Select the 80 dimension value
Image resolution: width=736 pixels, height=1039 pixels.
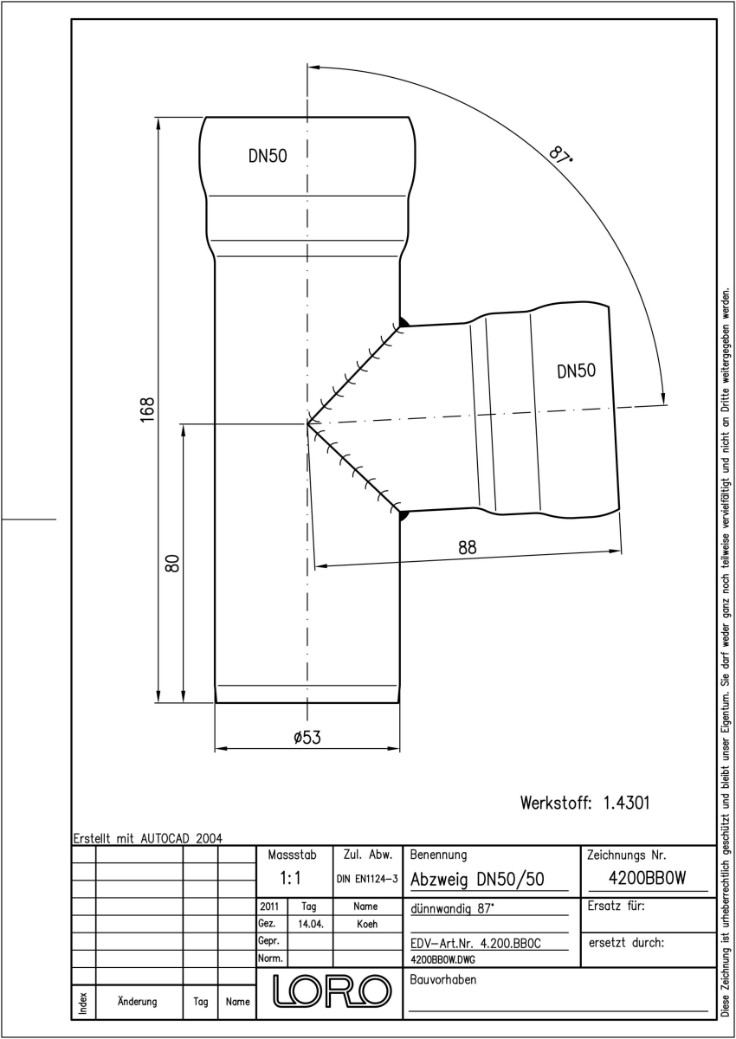[x=172, y=563]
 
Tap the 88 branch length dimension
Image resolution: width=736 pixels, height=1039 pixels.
[x=467, y=548]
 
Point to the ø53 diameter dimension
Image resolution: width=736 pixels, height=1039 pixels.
[x=307, y=738]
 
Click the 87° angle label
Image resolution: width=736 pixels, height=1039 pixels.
[x=560, y=155]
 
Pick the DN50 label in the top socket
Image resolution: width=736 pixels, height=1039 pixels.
[x=268, y=156]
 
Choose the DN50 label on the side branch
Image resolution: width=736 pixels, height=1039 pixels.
[x=576, y=371]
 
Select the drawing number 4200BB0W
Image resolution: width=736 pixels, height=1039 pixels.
[x=647, y=878]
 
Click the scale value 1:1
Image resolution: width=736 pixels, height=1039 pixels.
[x=291, y=878]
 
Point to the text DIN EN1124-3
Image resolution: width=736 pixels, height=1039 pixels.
[x=367, y=879]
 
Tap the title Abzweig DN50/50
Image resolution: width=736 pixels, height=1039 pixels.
[x=477, y=880]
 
